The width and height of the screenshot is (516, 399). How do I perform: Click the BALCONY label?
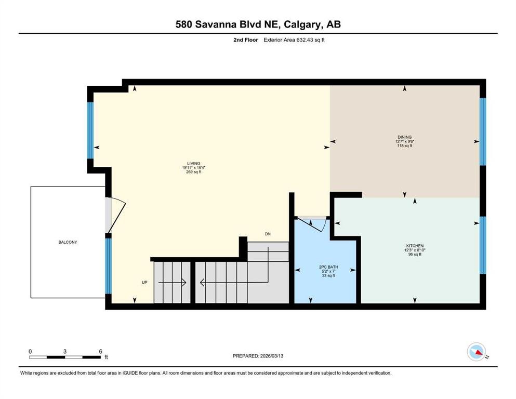click(x=68, y=242)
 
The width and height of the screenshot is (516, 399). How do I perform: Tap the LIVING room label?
click(x=193, y=164)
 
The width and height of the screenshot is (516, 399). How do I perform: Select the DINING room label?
click(x=404, y=137)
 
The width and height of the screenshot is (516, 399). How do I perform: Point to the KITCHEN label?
click(x=415, y=246)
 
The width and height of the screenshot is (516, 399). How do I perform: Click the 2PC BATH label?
click(x=328, y=267)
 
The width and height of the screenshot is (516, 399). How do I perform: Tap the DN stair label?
click(x=268, y=234)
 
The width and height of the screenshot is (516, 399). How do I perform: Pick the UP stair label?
click(x=144, y=282)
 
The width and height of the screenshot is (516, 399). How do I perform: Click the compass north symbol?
click(x=477, y=352)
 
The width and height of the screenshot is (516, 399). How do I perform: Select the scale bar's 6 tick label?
click(x=101, y=351)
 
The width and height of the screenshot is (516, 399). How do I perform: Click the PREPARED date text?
click(x=258, y=356)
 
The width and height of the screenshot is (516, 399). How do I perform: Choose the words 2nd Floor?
click(x=245, y=40)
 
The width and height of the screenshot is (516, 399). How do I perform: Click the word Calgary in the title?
click(x=303, y=24)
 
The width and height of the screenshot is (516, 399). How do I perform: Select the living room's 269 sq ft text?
click(x=193, y=171)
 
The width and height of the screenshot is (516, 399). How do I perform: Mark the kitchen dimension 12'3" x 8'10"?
click(x=415, y=250)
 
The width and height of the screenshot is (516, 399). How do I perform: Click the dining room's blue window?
click(x=482, y=131)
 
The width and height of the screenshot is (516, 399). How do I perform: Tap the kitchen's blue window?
click(x=482, y=245)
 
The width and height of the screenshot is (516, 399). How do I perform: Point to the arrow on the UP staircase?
click(x=172, y=283)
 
